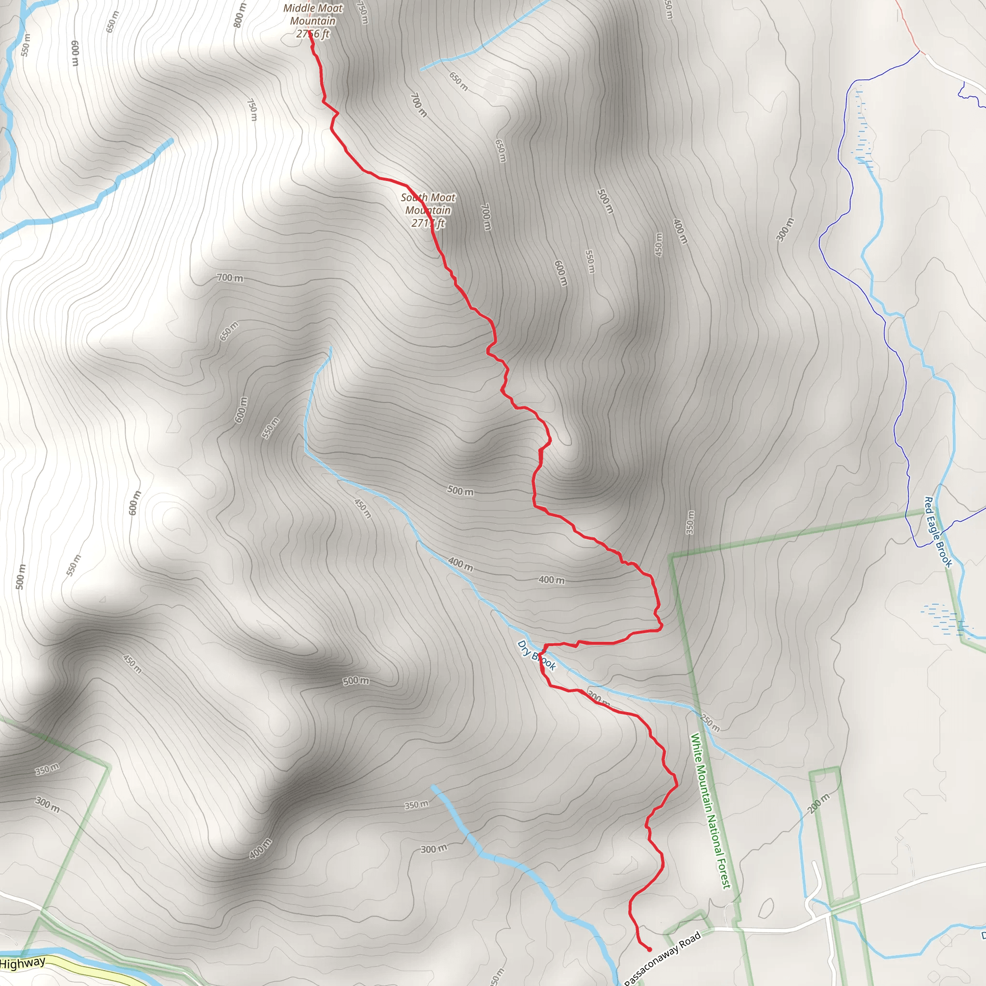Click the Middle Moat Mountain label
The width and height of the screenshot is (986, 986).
click(x=313, y=20)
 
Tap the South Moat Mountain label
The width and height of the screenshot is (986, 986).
click(x=428, y=210)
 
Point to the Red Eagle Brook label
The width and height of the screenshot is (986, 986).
click(x=938, y=532)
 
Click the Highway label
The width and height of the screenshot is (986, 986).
click(x=23, y=963)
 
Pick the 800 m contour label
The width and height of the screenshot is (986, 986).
click(x=239, y=15)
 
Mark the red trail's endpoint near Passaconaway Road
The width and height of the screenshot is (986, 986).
click(x=649, y=949)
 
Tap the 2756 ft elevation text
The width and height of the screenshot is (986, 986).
click(x=313, y=34)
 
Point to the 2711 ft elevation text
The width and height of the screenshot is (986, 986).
click(x=428, y=223)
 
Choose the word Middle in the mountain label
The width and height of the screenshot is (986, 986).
click(x=298, y=8)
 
